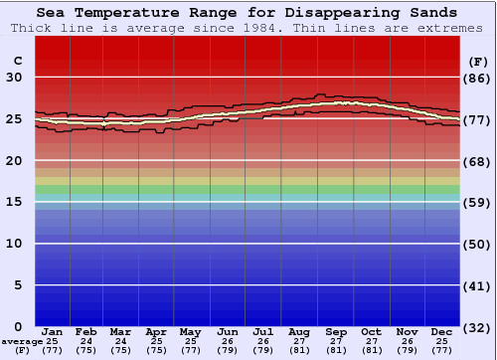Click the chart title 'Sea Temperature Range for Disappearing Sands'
pyautogui.click(x=248, y=13)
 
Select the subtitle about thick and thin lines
pyautogui.click(x=248, y=28)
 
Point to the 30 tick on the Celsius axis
pyautogui.click(x=16, y=78)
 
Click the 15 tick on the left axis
pyautogui.click(x=16, y=202)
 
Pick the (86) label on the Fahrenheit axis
pyautogui.click(x=478, y=78)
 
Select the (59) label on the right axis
pyautogui.click(x=478, y=202)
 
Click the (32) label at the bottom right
pyautogui.click(x=478, y=327)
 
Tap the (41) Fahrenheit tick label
pyautogui.click(x=478, y=285)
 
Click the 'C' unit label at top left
pyautogui.click(x=16, y=61)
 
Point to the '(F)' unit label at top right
pyautogui.click(x=478, y=61)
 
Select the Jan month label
pyautogui.click(x=53, y=331)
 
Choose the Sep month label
pyautogui.click(x=336, y=331)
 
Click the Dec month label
pyautogui.click(x=442, y=331)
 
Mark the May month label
pyautogui.click(x=191, y=331)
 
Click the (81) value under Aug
pyautogui.click(x=300, y=350)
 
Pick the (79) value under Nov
pyautogui.click(x=407, y=350)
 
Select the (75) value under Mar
pyautogui.click(x=121, y=350)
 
